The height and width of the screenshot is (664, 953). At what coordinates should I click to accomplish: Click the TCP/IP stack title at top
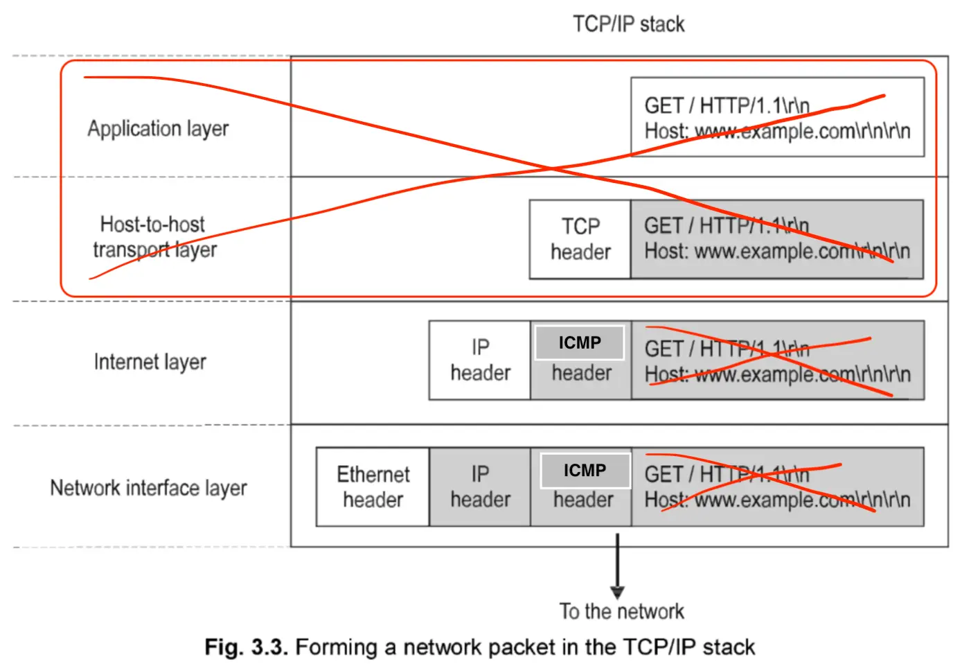(628, 24)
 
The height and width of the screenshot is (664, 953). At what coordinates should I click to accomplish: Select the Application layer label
(158, 128)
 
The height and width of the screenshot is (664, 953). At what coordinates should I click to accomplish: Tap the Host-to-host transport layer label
(154, 237)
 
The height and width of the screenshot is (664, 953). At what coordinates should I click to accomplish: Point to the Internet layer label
(150, 362)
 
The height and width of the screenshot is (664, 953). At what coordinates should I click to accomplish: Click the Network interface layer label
(148, 488)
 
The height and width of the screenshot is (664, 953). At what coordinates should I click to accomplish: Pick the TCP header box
(580, 239)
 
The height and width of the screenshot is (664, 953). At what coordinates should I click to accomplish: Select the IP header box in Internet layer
(480, 360)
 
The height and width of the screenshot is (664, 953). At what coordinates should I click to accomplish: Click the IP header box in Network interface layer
(480, 487)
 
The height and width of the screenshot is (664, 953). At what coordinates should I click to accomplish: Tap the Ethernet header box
(373, 487)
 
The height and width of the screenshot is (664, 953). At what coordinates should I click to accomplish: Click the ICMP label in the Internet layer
(580, 343)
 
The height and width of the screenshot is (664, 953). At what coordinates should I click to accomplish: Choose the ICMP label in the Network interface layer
(585, 471)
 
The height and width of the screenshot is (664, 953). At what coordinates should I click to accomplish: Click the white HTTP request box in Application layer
(777, 117)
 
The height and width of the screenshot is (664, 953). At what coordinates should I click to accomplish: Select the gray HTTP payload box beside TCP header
(777, 239)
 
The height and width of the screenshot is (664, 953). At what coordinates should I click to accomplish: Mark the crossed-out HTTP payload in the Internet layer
(777, 360)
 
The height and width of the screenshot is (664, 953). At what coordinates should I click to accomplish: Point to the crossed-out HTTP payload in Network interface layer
(777, 487)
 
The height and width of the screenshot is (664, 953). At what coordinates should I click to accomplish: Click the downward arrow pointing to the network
(617, 565)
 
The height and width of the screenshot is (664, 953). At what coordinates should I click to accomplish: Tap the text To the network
(621, 611)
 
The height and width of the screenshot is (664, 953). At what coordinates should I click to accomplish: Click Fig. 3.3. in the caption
(246, 647)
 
